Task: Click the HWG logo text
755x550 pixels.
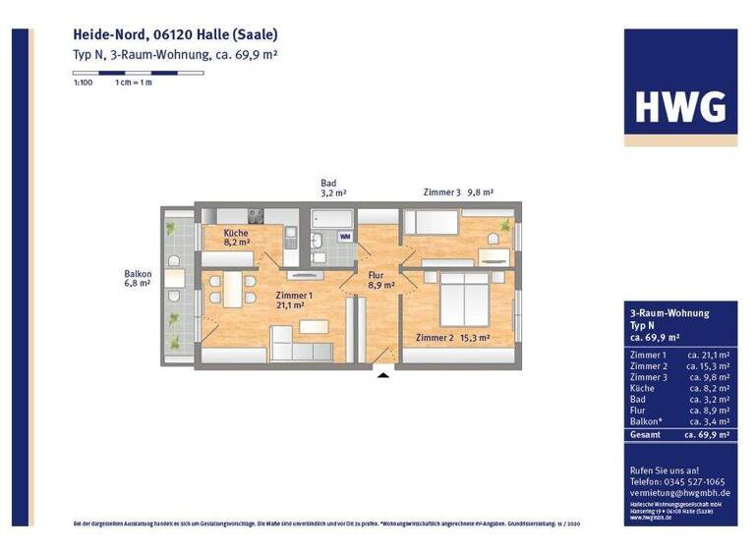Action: click(x=680, y=105)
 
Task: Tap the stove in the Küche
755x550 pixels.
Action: click(x=256, y=215)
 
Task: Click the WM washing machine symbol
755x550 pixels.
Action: click(x=345, y=237)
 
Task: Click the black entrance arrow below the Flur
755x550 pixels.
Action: click(x=383, y=373)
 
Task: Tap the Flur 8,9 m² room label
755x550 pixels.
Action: click(x=380, y=280)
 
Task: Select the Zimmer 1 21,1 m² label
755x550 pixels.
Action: click(x=295, y=300)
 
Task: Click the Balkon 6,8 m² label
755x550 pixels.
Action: click(x=137, y=278)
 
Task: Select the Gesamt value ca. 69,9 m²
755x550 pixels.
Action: click(x=707, y=433)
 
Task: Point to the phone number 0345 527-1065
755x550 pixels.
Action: click(x=694, y=482)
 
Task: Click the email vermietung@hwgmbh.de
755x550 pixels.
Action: click(x=677, y=493)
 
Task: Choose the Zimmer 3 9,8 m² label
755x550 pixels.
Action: click(x=457, y=192)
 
